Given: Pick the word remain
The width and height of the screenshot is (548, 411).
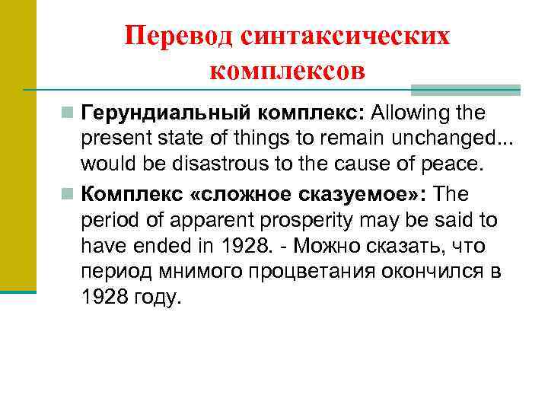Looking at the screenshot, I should pos(355,138).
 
